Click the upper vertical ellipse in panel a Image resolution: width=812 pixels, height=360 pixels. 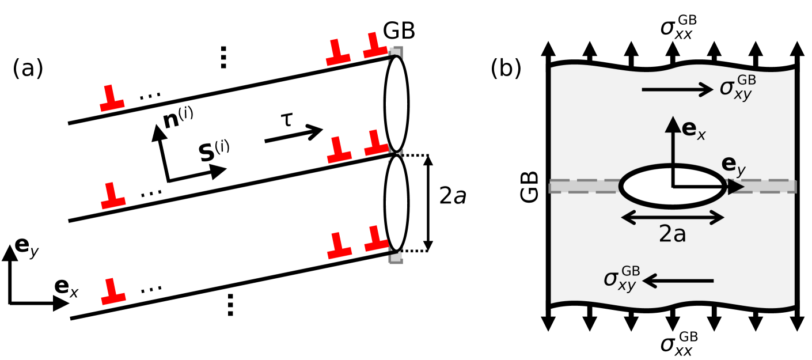pyautogui.click(x=396, y=104)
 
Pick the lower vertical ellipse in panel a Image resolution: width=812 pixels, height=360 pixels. pyautogui.click(x=396, y=203)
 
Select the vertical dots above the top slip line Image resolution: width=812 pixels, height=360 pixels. pyautogui.click(x=223, y=57)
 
